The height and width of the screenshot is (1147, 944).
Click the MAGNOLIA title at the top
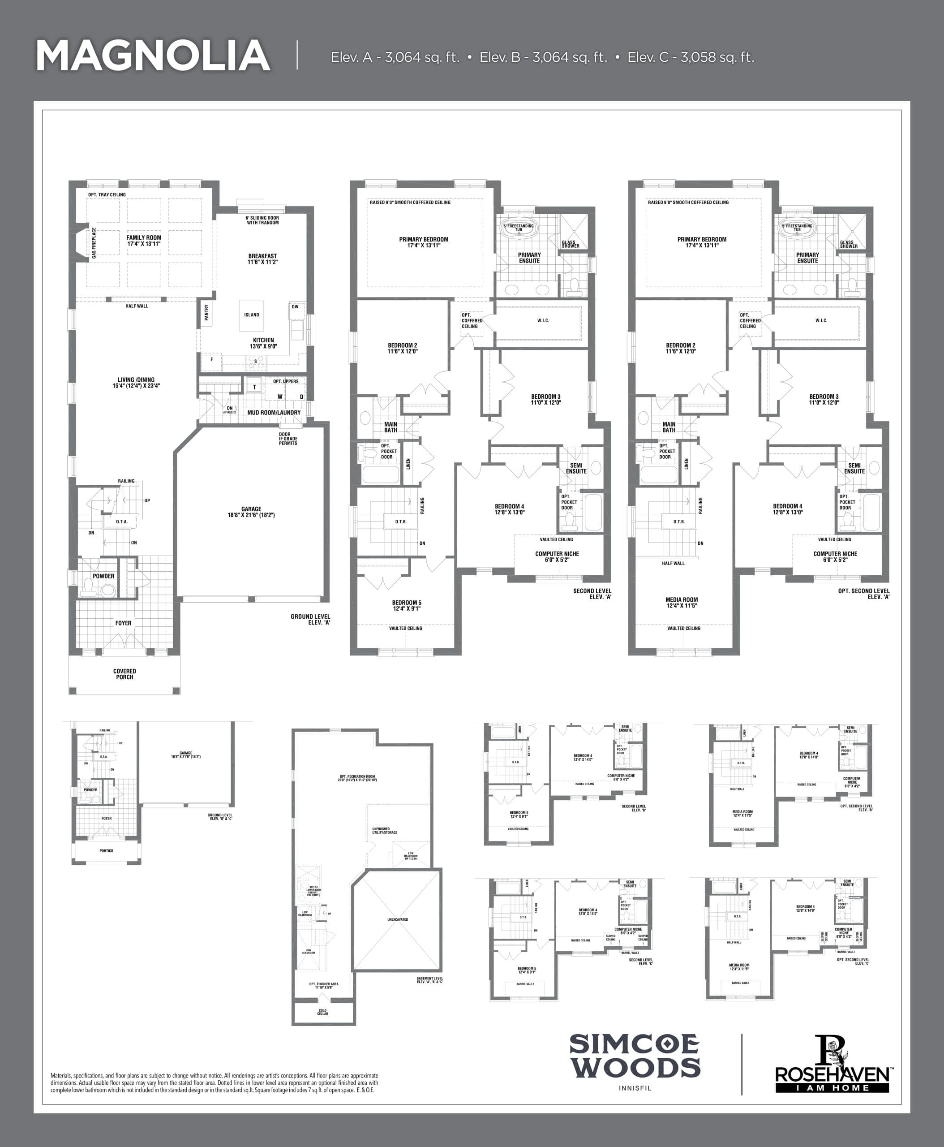click(x=153, y=56)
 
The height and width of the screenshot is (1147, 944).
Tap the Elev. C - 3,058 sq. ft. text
click(x=691, y=57)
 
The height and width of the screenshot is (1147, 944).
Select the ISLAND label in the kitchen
click(x=251, y=315)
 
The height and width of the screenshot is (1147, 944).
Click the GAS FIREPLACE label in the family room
click(x=94, y=243)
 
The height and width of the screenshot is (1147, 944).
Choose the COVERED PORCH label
click(x=124, y=674)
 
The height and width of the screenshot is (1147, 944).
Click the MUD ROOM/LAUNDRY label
click(x=274, y=413)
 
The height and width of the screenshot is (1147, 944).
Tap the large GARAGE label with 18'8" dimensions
click(x=251, y=512)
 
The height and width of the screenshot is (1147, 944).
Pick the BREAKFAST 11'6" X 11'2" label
click(x=262, y=259)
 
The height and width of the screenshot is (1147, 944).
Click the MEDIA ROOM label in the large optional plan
click(x=682, y=602)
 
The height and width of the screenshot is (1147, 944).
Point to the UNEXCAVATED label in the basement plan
click(x=398, y=919)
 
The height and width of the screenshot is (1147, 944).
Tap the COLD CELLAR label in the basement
click(x=322, y=1012)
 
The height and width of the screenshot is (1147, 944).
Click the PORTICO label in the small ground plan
click(x=107, y=851)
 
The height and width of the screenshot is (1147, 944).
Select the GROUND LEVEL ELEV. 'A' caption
click(x=310, y=619)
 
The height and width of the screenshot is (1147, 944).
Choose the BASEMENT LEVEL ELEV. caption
click(x=429, y=980)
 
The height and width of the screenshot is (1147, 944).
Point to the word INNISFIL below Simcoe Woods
click(x=635, y=1088)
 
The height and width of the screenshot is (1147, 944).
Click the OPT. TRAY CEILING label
click(x=107, y=195)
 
